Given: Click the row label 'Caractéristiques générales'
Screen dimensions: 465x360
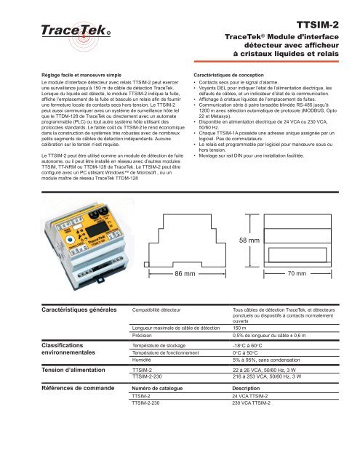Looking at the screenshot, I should click(x=78, y=310).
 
